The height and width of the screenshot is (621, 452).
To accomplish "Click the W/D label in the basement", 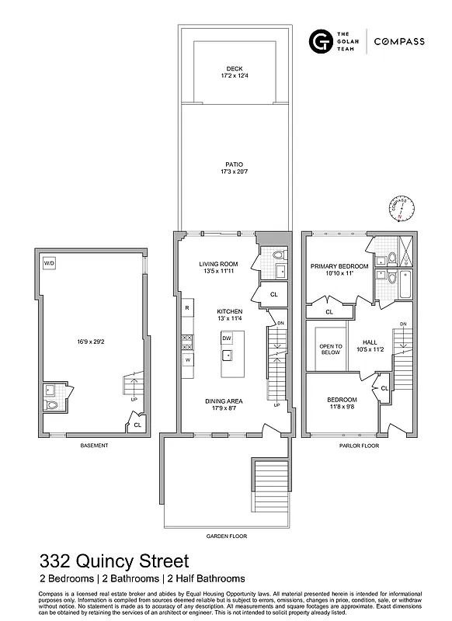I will (49, 263).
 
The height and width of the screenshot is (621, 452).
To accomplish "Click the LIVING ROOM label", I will (218, 264).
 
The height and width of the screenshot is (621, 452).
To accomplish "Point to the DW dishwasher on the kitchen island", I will (226, 338).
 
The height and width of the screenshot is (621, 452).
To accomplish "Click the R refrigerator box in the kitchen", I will (187, 308).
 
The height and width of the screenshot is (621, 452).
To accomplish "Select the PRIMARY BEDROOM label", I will (332, 265).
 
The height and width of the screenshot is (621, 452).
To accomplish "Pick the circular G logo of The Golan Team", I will (318, 41).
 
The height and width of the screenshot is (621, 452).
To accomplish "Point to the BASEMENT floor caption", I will (93, 446).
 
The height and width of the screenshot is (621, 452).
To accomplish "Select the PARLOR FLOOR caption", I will (358, 446).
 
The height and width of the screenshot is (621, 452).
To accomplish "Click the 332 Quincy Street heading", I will (113, 560).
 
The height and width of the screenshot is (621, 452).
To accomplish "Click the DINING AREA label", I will (226, 401).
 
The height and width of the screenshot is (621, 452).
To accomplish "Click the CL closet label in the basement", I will (137, 425).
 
